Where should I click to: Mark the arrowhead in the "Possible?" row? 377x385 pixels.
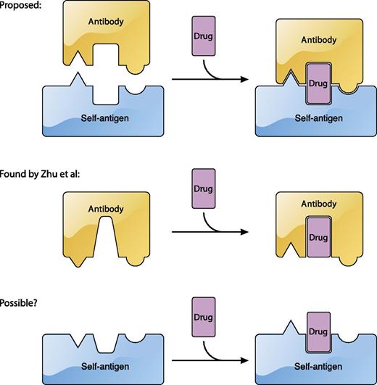coord(236,357)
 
